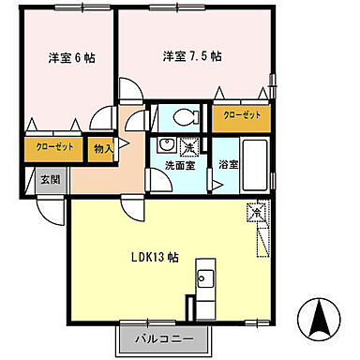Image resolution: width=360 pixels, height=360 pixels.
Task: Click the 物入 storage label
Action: coord(102,147)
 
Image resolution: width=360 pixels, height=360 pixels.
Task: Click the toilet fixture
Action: coord(185,117)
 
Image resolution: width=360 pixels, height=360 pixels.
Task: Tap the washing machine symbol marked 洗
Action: coord(188,146)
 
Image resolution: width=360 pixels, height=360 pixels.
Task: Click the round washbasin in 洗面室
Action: coord(166,144)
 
